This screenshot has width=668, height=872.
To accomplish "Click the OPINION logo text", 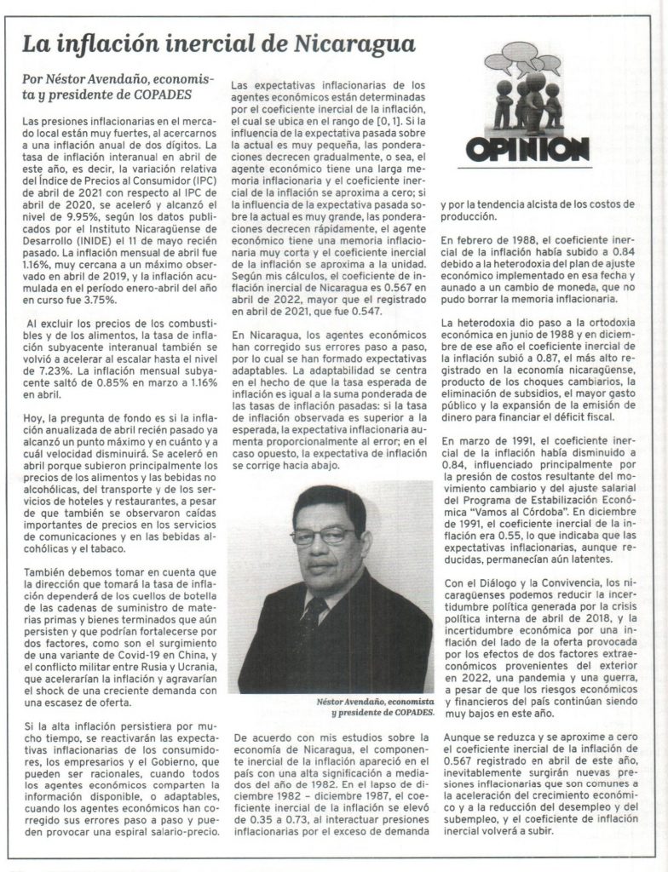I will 527,149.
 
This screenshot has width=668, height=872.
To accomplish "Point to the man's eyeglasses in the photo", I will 323,536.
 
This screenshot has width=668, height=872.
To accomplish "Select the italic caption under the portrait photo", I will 365,705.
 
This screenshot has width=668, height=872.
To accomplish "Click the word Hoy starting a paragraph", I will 32,420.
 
